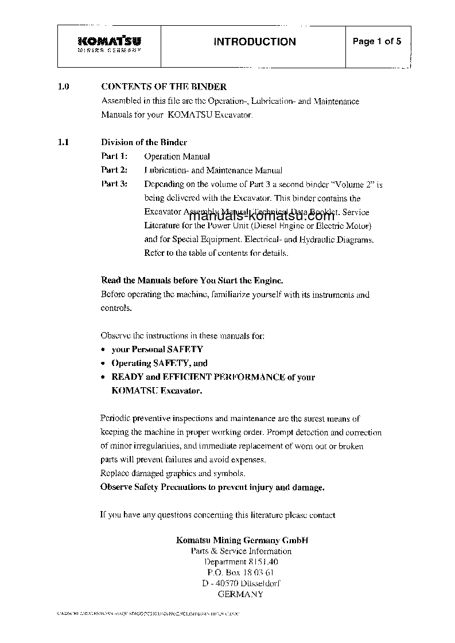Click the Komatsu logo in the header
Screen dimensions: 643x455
(x=109, y=43)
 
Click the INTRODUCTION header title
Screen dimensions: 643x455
(x=255, y=42)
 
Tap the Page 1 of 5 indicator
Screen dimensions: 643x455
(x=376, y=41)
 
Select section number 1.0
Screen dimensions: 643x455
(x=64, y=87)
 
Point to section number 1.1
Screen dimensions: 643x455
(x=64, y=142)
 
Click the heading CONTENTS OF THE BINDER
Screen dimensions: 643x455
(x=164, y=87)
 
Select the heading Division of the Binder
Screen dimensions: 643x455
(x=144, y=142)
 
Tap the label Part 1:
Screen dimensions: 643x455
(x=114, y=156)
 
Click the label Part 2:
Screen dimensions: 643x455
(x=114, y=170)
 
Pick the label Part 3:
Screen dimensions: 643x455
(x=114, y=184)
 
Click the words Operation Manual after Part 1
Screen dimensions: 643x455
(x=177, y=156)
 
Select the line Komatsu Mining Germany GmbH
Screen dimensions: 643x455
(x=242, y=540)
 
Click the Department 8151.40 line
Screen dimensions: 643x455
(x=241, y=562)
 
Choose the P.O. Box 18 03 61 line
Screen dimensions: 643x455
(x=241, y=573)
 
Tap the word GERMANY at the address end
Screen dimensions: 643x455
(x=241, y=595)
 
